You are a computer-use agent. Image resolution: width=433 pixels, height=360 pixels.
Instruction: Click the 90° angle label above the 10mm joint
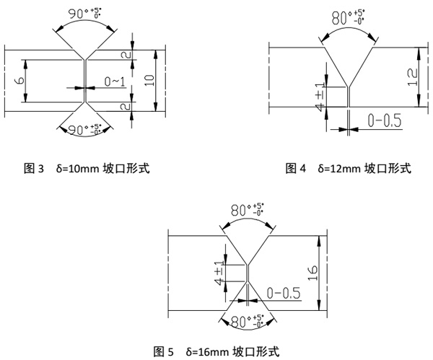pyautogui.click(x=84, y=13)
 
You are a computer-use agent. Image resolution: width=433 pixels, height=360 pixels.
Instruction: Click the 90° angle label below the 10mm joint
pyautogui.click(x=84, y=129)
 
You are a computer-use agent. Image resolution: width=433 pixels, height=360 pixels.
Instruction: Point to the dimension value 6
pyautogui.click(x=19, y=81)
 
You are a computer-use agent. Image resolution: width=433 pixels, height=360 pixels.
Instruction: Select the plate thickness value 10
pyautogui.click(x=149, y=80)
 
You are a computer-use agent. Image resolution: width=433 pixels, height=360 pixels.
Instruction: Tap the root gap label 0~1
pyautogui.click(x=115, y=82)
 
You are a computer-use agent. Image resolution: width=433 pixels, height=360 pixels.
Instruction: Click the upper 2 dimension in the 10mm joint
pyautogui.click(x=126, y=55)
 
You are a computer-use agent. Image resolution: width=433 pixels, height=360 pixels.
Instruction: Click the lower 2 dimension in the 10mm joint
pyautogui.click(x=126, y=106)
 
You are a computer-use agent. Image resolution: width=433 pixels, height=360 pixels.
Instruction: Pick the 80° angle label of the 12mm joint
pyautogui.click(x=348, y=17)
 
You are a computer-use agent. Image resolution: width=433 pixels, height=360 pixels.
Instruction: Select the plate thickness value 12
pyautogui.click(x=413, y=77)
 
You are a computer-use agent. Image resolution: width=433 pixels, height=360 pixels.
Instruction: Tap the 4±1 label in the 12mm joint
pyautogui.click(x=320, y=97)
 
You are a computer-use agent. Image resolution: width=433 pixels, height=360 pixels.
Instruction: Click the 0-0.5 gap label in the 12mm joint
pyautogui.click(x=385, y=120)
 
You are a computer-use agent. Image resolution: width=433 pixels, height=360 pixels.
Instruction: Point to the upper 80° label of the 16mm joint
pyautogui.click(x=247, y=209)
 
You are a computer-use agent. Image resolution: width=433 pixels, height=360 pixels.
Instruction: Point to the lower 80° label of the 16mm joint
pyautogui.click(x=247, y=321)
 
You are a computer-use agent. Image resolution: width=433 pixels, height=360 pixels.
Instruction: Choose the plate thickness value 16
pyautogui.click(x=312, y=273)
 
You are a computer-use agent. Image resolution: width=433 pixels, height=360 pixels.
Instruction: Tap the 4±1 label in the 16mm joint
pyautogui.click(x=219, y=273)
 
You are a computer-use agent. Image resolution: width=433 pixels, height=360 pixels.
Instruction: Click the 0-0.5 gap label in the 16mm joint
pyautogui.click(x=284, y=293)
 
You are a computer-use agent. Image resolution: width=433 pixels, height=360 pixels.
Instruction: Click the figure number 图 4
pyautogui.click(x=296, y=168)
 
